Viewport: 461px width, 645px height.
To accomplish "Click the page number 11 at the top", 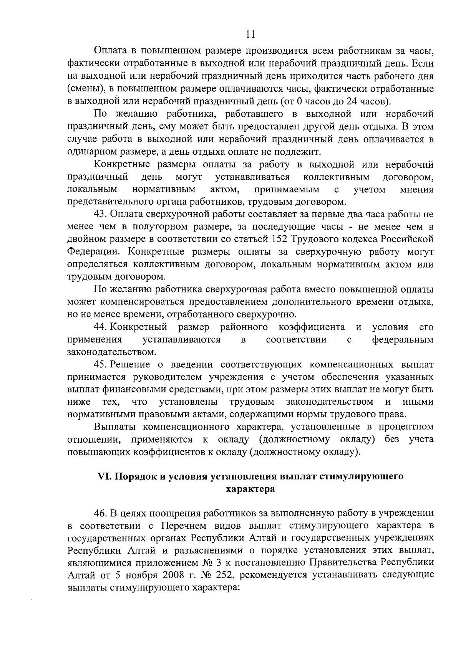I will (x=250, y=35).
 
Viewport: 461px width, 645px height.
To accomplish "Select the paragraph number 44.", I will (x=101, y=327).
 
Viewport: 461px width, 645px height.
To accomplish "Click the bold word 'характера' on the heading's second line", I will (x=250, y=489).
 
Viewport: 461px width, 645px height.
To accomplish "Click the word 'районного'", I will (x=244, y=327).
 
